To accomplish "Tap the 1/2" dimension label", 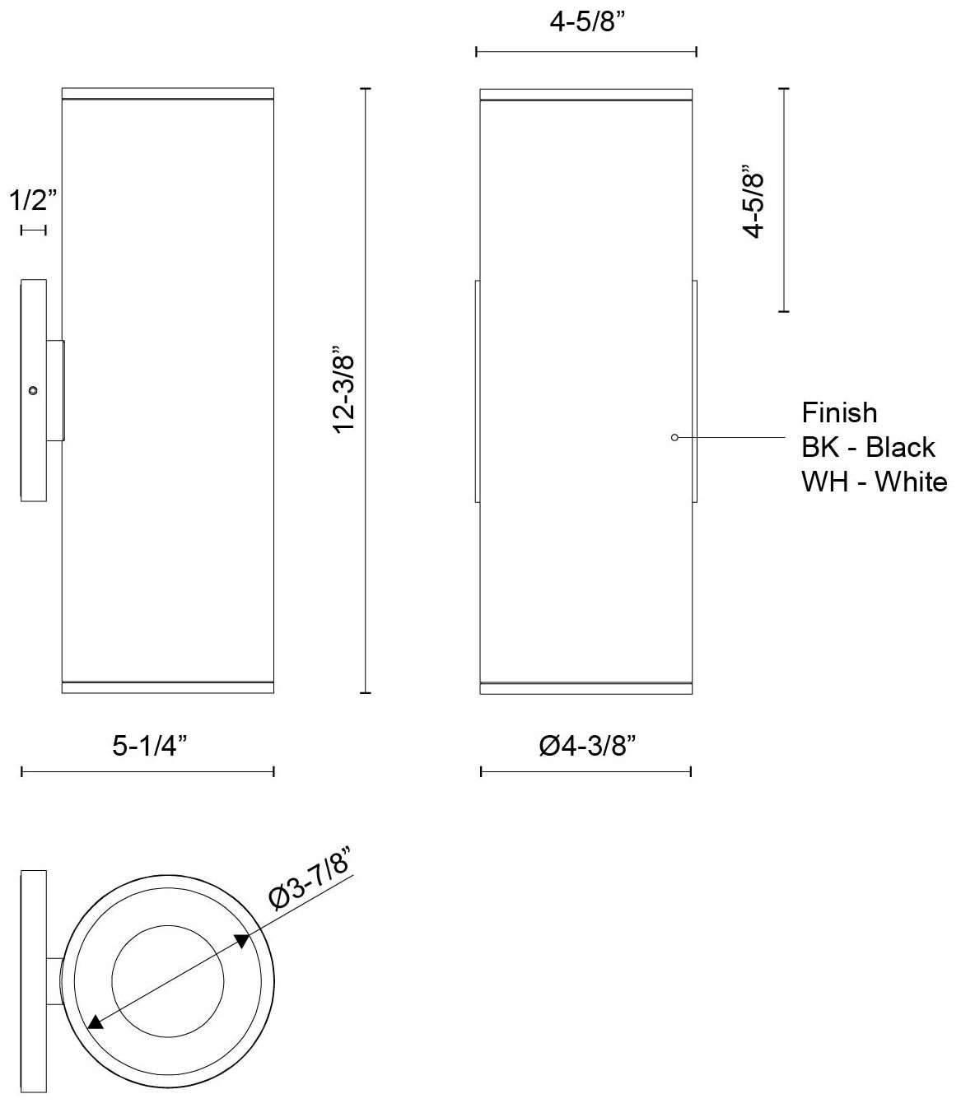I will (33, 200).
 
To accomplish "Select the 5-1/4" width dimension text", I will (150, 746).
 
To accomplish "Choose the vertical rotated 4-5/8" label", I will (753, 200).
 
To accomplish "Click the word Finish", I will (839, 412).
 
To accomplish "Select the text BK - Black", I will (868, 447).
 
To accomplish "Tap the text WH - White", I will (874, 482).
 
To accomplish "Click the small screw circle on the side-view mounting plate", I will (33, 391).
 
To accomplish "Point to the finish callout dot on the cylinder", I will (674, 437).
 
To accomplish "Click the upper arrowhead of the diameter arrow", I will (243, 941).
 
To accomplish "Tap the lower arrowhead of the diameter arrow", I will (96, 1022).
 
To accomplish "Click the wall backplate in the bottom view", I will (33, 981).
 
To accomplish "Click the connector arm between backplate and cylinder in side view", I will (55, 391).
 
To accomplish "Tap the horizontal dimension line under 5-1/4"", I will (147, 771).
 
